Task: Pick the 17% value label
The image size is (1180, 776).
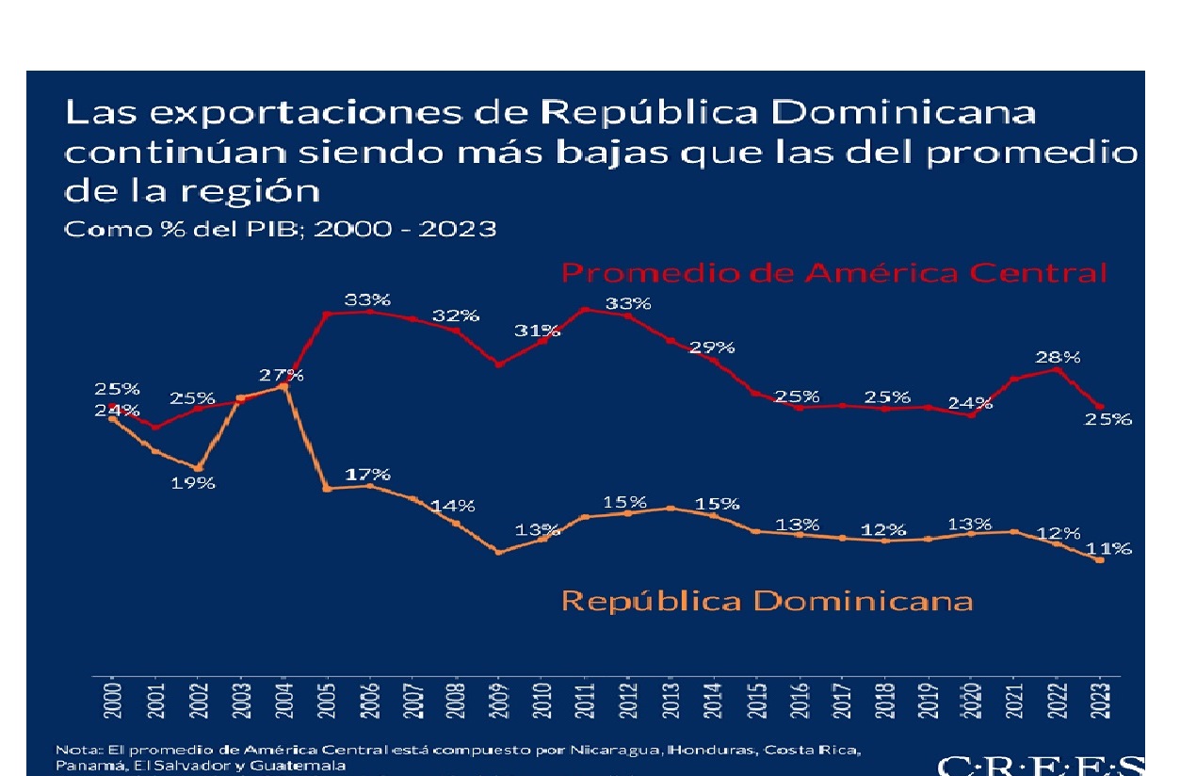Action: click(x=367, y=474)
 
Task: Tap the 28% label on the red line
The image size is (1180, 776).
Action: click(x=1059, y=357)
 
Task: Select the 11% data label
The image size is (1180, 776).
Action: click(x=1109, y=548)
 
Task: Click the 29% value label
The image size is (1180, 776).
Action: click(x=712, y=347)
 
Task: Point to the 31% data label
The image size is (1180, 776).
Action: click(x=538, y=331)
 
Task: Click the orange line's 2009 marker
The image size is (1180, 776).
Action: click(x=499, y=552)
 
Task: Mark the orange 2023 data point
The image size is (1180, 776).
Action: click(x=1100, y=560)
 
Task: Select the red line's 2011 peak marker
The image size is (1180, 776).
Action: click(x=585, y=309)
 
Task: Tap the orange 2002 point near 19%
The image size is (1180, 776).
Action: click(x=198, y=468)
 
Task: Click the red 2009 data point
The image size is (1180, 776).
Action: click(x=499, y=364)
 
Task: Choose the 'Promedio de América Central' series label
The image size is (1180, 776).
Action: click(x=833, y=273)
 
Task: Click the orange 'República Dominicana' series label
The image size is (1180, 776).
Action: click(x=767, y=600)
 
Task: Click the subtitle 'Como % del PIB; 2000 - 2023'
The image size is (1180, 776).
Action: click(x=279, y=229)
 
